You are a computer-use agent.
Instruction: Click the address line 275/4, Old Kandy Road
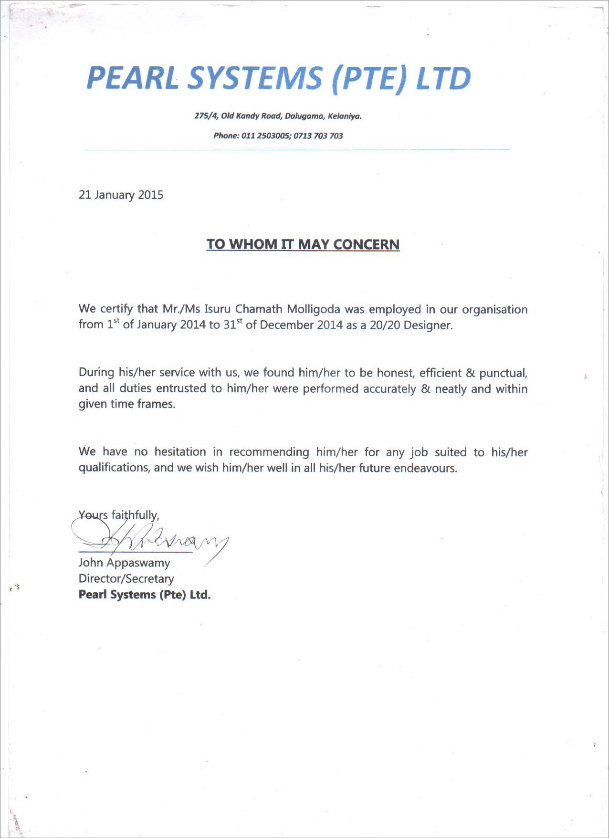coord(278,116)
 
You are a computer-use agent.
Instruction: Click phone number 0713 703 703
coord(318,136)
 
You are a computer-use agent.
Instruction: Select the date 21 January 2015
coord(121,195)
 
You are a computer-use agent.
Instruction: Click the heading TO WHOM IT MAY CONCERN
coord(303,244)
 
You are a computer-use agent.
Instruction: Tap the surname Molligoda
coord(314,310)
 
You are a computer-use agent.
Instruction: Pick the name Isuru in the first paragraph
coord(218,310)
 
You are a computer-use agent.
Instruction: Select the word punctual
coord(503,373)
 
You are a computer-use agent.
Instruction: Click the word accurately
coord(389,389)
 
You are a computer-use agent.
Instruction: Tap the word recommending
coord(269,452)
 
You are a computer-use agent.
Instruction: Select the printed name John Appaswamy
coord(124,563)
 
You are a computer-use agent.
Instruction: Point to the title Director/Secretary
coord(126,579)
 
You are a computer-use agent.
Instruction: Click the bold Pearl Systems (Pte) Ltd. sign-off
coord(145,595)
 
